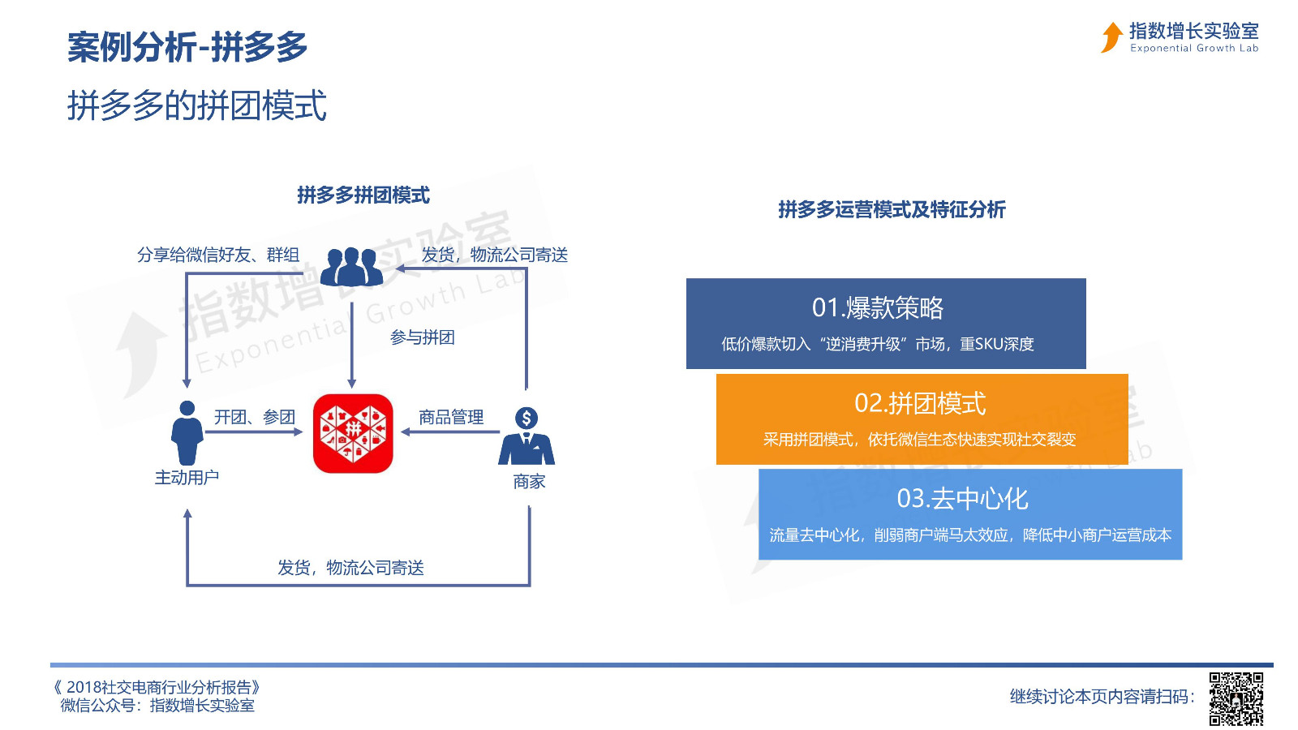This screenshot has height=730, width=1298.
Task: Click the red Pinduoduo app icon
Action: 353,433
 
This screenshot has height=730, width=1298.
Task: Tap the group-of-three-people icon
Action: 352,267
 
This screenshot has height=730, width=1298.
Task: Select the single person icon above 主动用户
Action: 187,433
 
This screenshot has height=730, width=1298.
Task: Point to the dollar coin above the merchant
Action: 527,418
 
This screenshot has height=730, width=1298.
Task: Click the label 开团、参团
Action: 255,417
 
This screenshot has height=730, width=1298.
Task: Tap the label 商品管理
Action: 451,417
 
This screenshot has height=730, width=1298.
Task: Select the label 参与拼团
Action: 423,337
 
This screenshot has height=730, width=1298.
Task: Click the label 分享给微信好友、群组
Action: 218,255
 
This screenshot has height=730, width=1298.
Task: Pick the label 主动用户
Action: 187,478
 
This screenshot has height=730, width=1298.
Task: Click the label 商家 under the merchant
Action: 529,482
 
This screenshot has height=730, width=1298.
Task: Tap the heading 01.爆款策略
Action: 878,307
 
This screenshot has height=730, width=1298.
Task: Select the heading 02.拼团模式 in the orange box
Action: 920,403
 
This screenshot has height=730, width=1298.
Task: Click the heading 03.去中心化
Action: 962,499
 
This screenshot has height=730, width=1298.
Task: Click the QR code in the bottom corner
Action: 1236,698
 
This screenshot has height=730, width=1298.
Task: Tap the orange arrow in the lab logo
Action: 1111,37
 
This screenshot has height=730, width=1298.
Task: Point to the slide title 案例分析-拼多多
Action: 187,47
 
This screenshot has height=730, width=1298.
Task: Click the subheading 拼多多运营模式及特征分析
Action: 892,210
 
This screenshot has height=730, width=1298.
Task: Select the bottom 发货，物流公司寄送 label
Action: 350,568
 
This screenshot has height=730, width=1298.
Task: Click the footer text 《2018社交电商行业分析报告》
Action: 156,688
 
